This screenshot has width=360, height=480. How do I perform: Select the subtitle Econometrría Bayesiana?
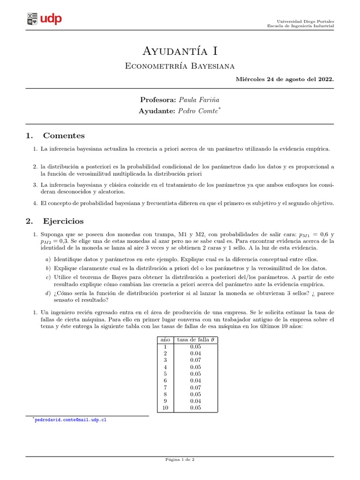click(x=180, y=66)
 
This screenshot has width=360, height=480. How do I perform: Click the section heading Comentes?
click(x=64, y=136)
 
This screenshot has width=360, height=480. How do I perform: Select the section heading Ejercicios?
click(x=63, y=221)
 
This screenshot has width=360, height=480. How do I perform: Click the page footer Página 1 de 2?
click(x=180, y=460)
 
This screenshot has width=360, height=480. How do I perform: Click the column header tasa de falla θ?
click(x=195, y=339)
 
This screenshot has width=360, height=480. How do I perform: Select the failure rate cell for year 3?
click(x=195, y=360)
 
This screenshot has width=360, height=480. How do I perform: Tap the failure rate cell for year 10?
click(x=195, y=408)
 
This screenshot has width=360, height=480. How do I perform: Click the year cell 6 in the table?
click(x=165, y=380)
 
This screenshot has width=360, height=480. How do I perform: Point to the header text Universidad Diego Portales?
click(x=305, y=22)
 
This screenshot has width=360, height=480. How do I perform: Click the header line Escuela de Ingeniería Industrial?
click(x=300, y=27)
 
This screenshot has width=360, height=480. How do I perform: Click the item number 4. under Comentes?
click(x=35, y=203)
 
